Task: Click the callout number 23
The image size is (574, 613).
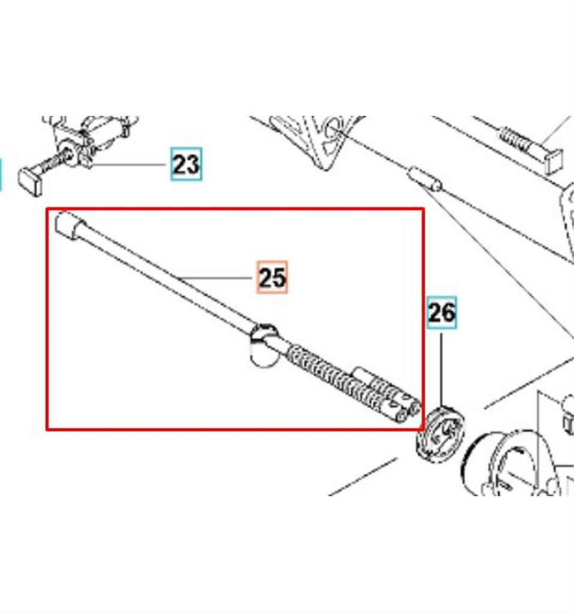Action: [x=186, y=164]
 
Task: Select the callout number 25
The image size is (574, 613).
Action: [x=273, y=277]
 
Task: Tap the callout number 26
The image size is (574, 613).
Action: [x=442, y=312]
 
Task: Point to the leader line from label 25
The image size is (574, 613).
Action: [x=216, y=278]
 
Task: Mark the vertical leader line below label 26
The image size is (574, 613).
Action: [x=442, y=370]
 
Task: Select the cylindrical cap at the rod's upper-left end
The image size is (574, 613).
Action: [x=70, y=225]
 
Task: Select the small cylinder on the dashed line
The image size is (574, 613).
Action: [x=425, y=179]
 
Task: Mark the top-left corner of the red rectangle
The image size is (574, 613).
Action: [x=47, y=209]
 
